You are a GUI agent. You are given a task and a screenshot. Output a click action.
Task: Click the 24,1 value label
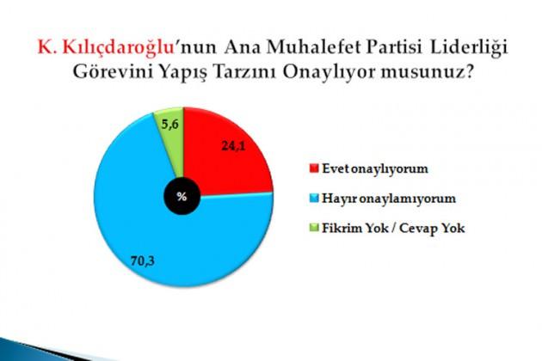[234, 146]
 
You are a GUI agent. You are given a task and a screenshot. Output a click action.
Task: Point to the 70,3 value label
[143, 260]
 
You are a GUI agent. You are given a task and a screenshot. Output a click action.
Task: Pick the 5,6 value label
[170, 125]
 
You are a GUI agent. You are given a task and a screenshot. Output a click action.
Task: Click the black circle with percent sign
[182, 197]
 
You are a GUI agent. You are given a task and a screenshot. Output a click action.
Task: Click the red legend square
[314, 168]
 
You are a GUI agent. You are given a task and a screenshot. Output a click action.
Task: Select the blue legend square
[314, 199]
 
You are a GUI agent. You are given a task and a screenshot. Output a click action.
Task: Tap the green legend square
[314, 228]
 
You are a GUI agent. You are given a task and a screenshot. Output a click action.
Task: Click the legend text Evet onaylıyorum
[375, 169]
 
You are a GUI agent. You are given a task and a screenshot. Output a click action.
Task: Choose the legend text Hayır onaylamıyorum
[389, 199]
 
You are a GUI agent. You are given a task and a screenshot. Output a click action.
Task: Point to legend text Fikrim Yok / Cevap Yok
[393, 229]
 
